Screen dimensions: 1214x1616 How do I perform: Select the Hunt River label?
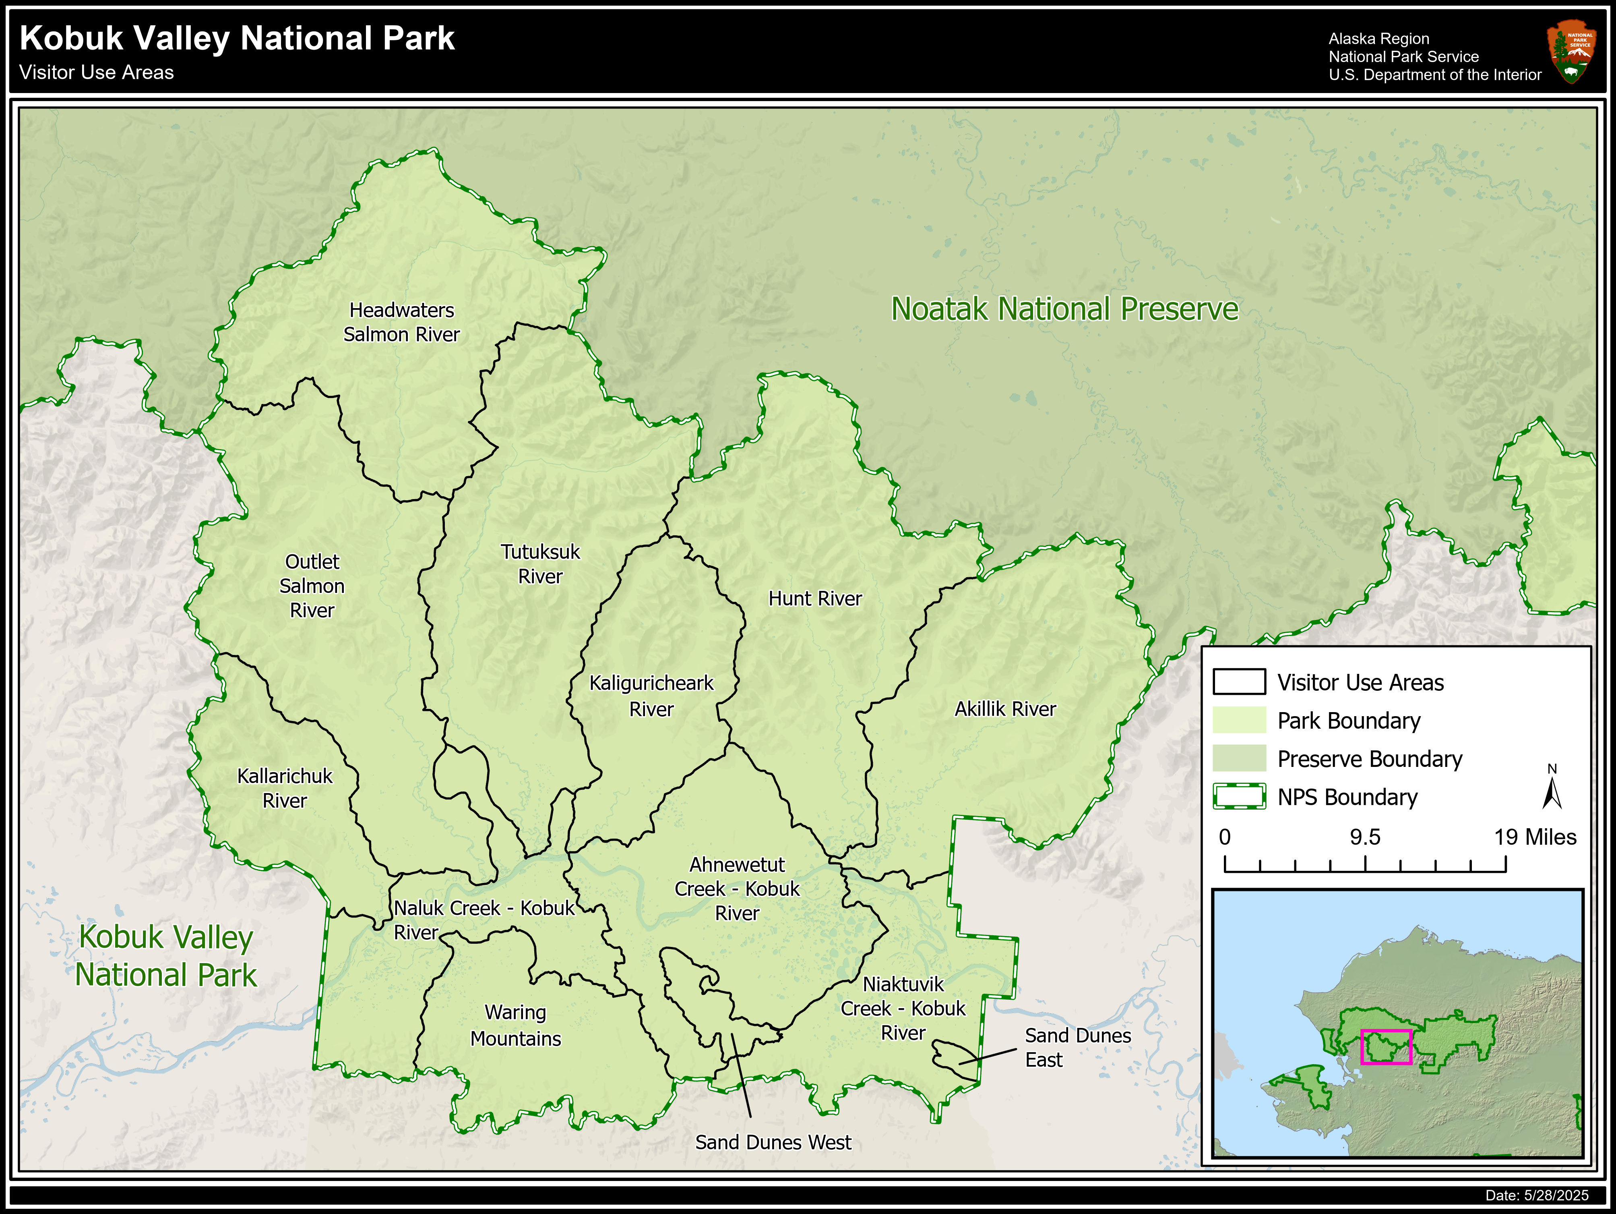(814, 599)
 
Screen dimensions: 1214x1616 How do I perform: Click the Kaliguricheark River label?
(651, 696)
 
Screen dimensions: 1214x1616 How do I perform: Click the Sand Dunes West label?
(773, 1142)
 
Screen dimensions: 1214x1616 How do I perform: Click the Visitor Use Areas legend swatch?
(1239, 682)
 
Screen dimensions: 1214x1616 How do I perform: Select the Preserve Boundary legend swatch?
(1239, 759)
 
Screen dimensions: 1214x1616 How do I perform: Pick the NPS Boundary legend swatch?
(1239, 797)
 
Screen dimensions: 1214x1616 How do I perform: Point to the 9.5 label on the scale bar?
(1365, 837)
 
